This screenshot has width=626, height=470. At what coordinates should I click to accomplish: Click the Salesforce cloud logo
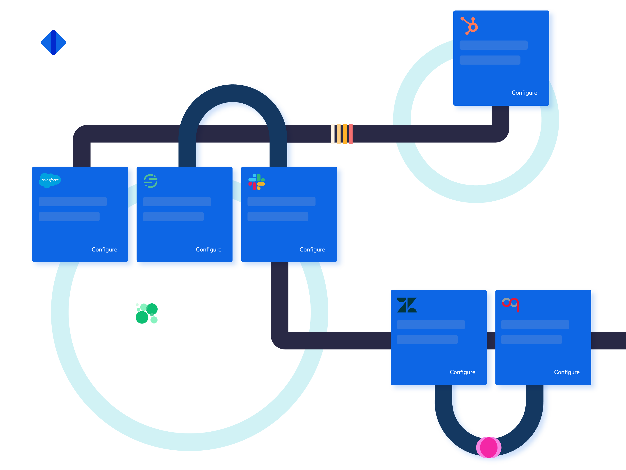click(x=50, y=180)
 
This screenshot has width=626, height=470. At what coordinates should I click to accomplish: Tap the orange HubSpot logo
click(x=469, y=26)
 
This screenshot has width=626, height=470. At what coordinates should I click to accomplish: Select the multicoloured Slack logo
click(x=256, y=181)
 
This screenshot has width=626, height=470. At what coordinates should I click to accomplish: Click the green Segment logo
click(x=151, y=181)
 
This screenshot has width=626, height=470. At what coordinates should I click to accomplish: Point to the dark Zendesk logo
click(x=407, y=305)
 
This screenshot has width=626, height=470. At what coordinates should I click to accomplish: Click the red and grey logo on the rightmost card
click(x=510, y=304)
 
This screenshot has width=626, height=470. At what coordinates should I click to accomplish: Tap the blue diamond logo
click(x=53, y=42)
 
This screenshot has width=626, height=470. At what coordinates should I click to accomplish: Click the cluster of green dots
click(x=147, y=313)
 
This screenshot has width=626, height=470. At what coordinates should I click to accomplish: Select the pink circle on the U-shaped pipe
click(x=489, y=447)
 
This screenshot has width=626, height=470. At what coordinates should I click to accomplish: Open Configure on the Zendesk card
click(x=463, y=372)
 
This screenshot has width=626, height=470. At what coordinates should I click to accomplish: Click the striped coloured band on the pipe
click(x=342, y=134)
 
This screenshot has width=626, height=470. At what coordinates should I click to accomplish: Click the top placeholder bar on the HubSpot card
click(x=493, y=45)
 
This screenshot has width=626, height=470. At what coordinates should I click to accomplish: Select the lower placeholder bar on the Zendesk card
click(x=427, y=339)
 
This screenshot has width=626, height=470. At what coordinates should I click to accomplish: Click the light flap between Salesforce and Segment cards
click(x=132, y=195)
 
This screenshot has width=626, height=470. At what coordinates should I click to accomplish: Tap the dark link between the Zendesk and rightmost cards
click(x=491, y=340)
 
